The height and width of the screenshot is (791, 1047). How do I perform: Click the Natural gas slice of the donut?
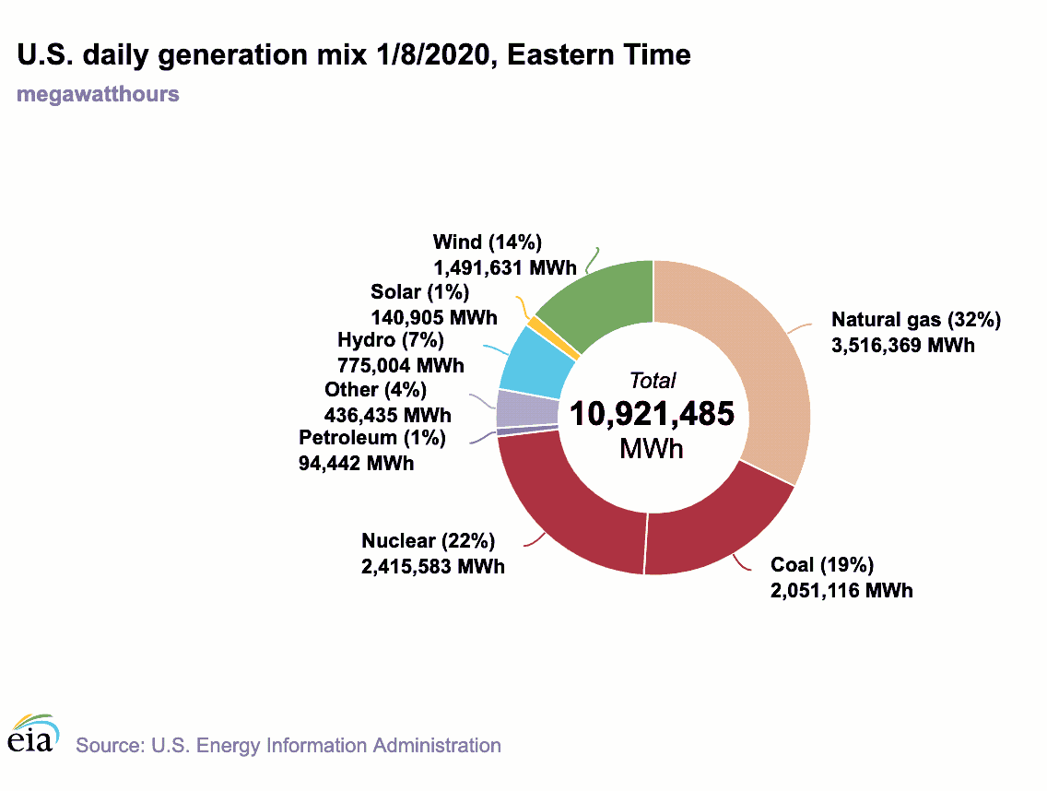pos(756,369)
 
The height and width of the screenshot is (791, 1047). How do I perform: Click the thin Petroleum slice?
pos(527,429)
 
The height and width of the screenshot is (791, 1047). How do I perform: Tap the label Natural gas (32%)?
pos(915,320)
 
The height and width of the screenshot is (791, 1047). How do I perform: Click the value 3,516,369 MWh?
pos(903,346)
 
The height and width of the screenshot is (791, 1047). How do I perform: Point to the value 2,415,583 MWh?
pos(433,566)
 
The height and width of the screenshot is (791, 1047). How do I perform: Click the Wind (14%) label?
pos(487,242)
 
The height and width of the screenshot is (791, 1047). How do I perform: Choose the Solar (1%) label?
pos(419,292)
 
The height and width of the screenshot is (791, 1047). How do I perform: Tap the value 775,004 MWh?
pos(401,366)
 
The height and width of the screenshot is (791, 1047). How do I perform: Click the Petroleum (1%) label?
pos(372,438)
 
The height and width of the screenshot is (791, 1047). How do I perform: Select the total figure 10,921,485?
pos(652,414)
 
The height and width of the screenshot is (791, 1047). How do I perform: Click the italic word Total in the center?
pos(652,380)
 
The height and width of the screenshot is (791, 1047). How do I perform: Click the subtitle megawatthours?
pos(98,94)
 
